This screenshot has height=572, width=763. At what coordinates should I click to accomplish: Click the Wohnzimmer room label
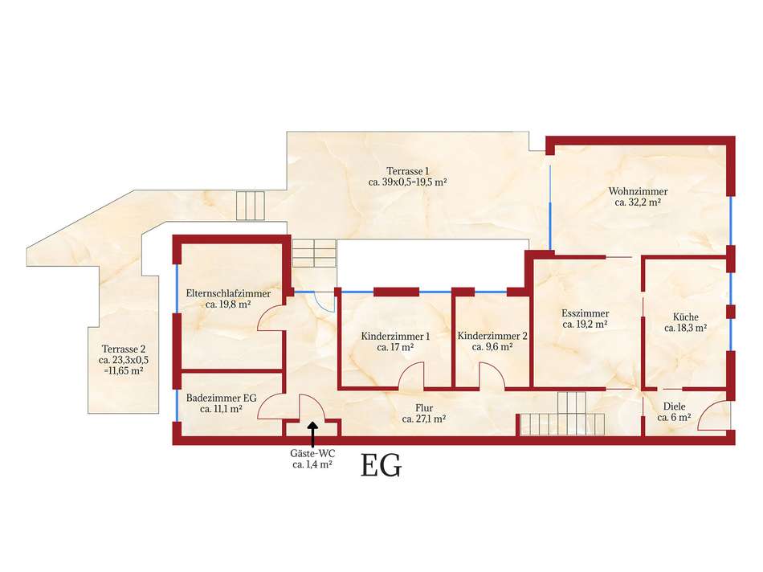point(638,192)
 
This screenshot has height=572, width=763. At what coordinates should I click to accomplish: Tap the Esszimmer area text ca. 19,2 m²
point(585,325)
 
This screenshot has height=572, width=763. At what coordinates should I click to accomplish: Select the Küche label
point(685,317)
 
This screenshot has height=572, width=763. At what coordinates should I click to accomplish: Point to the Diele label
point(673,407)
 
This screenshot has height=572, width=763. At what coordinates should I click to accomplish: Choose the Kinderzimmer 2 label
point(492,336)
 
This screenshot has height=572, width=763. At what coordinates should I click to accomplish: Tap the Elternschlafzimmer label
point(228,294)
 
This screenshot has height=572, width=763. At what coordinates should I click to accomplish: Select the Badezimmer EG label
point(221,397)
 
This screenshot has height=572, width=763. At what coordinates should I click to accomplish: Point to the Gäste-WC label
point(312,453)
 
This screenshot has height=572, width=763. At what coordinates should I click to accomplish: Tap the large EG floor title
point(381,467)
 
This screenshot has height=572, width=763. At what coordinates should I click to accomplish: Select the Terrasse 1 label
point(407,171)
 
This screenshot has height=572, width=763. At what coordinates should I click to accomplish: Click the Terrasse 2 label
point(123,349)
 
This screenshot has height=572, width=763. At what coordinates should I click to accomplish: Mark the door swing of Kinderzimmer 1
point(412,375)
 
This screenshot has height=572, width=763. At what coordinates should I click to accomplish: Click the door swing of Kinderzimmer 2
point(491,375)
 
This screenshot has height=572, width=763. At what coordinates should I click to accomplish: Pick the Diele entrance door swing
point(713,416)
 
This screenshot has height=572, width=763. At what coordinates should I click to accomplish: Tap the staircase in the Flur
point(561,414)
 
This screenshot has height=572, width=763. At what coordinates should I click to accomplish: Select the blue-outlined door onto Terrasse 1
point(324,300)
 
